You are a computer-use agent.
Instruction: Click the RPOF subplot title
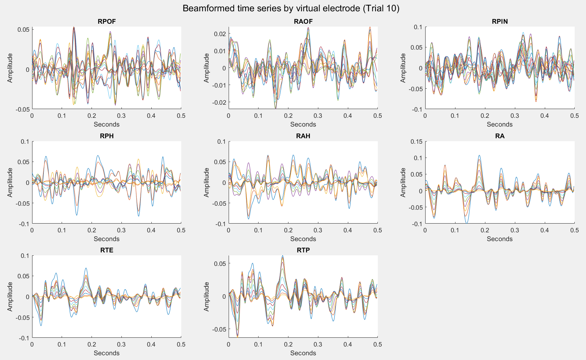pyautogui.click(x=106, y=22)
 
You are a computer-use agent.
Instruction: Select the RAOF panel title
pyautogui.click(x=303, y=22)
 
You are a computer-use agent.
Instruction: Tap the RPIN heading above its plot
pyautogui.click(x=500, y=22)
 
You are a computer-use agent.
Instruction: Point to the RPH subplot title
pyautogui.click(x=106, y=136)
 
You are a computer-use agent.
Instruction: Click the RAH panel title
pyautogui.click(x=303, y=136)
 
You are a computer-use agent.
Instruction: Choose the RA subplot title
pyautogui.click(x=500, y=136)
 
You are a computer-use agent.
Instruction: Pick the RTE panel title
pyautogui.click(x=106, y=250)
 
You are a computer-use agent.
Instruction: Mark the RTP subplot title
pyautogui.click(x=303, y=250)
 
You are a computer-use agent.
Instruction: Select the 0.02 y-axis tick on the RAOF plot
pyautogui.click(x=220, y=34)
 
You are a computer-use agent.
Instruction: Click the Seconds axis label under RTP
pyautogui.click(x=303, y=353)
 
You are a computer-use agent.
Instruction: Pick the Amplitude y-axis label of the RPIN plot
pyautogui.click(x=403, y=68)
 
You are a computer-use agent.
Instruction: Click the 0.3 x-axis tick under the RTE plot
pyautogui.click(x=121, y=344)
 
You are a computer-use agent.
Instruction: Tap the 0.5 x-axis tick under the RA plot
pyautogui.click(x=574, y=230)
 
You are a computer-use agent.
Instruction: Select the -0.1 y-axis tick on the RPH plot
pyautogui.click(x=24, y=224)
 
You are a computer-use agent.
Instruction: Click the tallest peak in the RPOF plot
pyautogui.click(x=74, y=27)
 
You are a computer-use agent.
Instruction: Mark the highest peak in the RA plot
pyautogui.click(x=479, y=155)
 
